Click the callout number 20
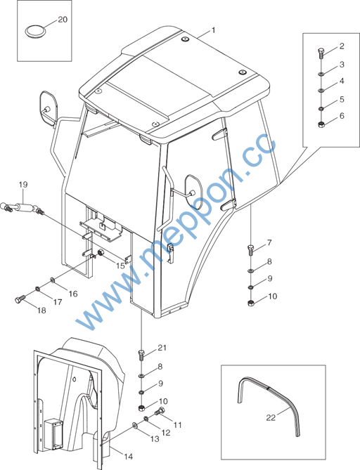tap(63, 20)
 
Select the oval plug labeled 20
tap(34, 31)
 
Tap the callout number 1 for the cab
tap(213, 30)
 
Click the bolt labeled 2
tap(321, 53)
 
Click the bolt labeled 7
tap(251, 249)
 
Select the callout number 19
tap(22, 185)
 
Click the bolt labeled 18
tap(20, 299)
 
